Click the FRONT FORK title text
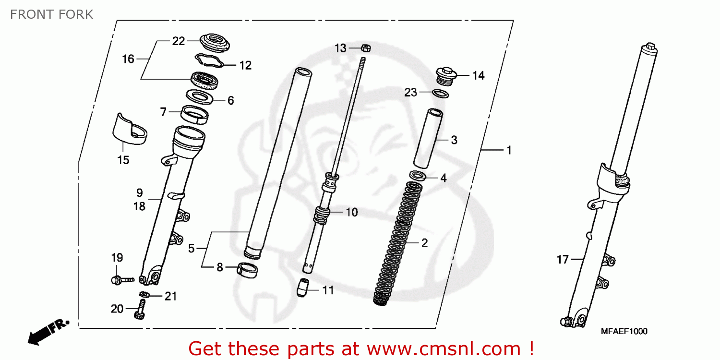[52, 14]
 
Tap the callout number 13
[340, 48]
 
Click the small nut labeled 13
[365, 48]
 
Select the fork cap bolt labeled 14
[446, 76]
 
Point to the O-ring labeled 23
[440, 94]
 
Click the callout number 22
[179, 41]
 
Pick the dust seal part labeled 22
[215, 42]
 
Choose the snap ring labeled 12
[209, 61]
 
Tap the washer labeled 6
[200, 97]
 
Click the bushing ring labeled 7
[194, 115]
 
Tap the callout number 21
[171, 296]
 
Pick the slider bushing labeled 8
[247, 270]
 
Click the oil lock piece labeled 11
[302, 288]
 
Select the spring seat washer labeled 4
[418, 176]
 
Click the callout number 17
[563, 259]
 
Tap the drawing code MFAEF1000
[624, 331]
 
